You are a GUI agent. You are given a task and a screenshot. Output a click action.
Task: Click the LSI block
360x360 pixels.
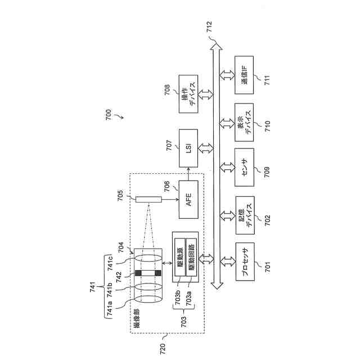coord(189,148)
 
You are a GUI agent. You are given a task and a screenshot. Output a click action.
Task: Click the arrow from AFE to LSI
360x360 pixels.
coord(189,174)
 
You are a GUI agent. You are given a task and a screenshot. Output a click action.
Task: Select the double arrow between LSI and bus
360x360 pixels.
coord(207,148)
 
